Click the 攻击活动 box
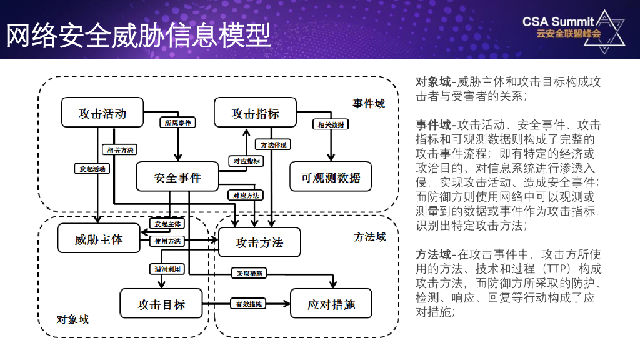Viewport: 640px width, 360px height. click(x=102, y=112)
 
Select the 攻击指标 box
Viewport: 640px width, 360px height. click(x=256, y=112)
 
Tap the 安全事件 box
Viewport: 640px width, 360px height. click(x=177, y=177)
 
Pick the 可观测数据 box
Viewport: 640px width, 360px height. click(x=331, y=177)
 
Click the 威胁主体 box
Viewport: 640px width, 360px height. click(x=99, y=239)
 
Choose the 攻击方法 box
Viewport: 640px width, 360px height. click(x=259, y=242)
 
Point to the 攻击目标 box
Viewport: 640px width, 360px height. click(x=161, y=304)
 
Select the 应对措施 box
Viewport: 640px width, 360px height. click(x=331, y=304)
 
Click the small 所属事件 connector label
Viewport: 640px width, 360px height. click(x=177, y=123)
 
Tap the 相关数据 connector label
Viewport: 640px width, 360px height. click(x=331, y=124)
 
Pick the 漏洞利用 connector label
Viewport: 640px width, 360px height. click(x=167, y=269)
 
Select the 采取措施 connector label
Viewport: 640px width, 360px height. click(x=248, y=273)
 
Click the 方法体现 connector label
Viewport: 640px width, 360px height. click(x=274, y=145)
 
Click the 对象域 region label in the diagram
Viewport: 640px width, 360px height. click(x=72, y=319)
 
